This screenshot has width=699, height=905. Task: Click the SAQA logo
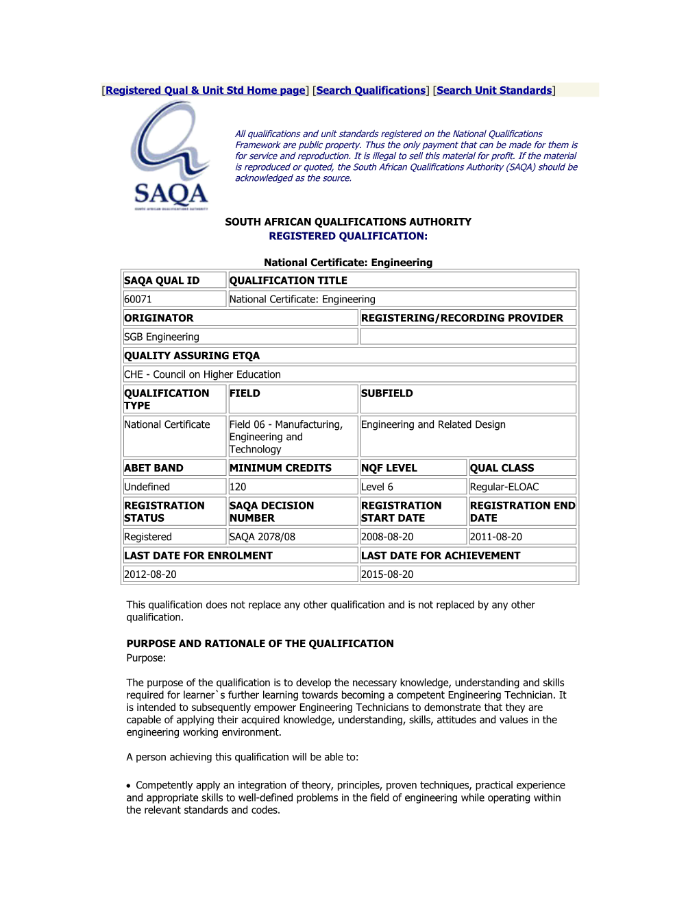(x=170, y=156)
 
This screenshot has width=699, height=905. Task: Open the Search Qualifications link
(x=371, y=90)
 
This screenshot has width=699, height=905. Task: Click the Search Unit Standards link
(x=494, y=90)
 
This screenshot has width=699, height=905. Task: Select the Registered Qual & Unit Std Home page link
(x=206, y=90)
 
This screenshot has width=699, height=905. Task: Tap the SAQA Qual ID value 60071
(x=138, y=300)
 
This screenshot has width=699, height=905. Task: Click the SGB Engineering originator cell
(x=162, y=337)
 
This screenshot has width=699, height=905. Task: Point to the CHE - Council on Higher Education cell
(x=202, y=375)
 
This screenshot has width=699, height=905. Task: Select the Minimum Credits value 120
(x=238, y=487)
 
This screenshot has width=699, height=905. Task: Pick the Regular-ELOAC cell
(x=504, y=487)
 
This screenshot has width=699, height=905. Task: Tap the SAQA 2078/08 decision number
(x=262, y=538)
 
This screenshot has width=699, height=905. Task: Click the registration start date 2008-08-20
(x=387, y=538)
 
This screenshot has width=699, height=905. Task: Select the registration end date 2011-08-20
(x=496, y=538)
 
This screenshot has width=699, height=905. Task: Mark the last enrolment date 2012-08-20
(x=151, y=575)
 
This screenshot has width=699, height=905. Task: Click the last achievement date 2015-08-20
(x=387, y=575)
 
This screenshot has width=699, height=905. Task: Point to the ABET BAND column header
(x=154, y=468)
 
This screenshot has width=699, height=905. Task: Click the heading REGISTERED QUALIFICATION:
(x=348, y=237)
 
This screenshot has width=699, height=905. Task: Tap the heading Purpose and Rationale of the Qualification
(x=260, y=644)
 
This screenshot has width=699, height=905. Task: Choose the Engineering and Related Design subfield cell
(x=433, y=425)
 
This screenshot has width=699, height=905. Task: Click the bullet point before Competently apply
(x=129, y=786)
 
